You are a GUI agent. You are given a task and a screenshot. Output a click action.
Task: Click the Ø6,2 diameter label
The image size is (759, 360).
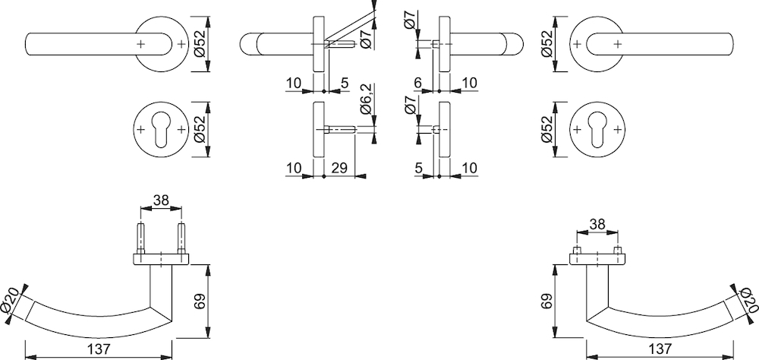click(x=367, y=99)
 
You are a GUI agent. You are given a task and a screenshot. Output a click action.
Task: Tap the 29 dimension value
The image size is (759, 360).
click(x=339, y=168)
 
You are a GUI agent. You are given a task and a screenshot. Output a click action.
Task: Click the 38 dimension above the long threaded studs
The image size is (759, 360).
click(x=161, y=200)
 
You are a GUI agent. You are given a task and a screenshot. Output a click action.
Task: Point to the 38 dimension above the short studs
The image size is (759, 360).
click(x=598, y=224)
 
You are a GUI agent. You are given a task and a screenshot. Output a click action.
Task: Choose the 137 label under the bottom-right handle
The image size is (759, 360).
click(x=660, y=349)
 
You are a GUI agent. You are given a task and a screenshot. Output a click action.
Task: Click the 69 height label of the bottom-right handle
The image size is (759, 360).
click(x=546, y=301)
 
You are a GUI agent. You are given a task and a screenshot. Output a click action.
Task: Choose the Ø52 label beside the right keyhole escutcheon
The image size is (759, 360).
click(x=546, y=130)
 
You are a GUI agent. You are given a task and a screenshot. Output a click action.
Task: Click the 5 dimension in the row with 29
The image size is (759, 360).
click(x=419, y=168)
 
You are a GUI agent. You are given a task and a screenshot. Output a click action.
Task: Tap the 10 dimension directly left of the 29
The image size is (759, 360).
click(x=294, y=168)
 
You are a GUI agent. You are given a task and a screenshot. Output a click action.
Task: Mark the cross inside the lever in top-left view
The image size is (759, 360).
click(x=140, y=44)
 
